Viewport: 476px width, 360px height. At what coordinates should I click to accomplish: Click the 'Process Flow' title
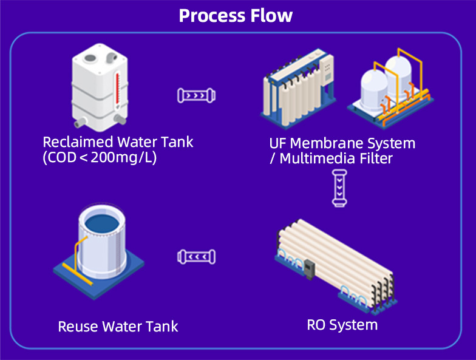pyautogui.click(x=236, y=16)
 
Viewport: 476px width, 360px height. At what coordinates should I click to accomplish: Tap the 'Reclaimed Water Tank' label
pyautogui.click(x=118, y=142)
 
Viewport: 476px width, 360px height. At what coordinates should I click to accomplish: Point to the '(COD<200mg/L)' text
pyautogui.click(x=100, y=157)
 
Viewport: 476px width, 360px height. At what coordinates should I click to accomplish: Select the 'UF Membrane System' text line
pyautogui.click(x=342, y=143)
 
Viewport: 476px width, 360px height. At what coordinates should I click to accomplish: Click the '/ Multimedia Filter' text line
pyautogui.click(x=331, y=158)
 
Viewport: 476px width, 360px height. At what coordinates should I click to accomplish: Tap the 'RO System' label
pyautogui.click(x=342, y=325)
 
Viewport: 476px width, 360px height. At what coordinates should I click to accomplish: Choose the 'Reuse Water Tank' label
pyautogui.click(x=118, y=327)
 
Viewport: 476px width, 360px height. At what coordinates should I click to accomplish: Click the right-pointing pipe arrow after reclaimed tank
pyautogui.click(x=197, y=95)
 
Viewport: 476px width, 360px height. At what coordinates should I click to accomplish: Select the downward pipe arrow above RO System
pyautogui.click(x=339, y=188)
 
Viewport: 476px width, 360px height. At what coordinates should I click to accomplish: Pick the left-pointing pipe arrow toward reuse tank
pyautogui.click(x=197, y=257)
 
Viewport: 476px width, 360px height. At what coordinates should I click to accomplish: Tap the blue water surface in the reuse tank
pyautogui.click(x=102, y=224)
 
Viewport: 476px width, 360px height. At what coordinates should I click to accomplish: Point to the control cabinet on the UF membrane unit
pyautogui.click(x=327, y=70)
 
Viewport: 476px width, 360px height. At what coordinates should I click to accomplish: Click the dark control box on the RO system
pyautogui.click(x=310, y=268)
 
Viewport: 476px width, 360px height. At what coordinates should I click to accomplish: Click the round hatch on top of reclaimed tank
pyautogui.click(x=90, y=58)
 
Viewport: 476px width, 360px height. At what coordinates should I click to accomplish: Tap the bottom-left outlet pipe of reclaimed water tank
pyautogui.click(x=80, y=123)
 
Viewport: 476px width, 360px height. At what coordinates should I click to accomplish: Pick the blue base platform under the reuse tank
pyautogui.click(x=98, y=272)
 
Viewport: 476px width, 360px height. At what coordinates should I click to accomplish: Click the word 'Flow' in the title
pyautogui.click(x=271, y=16)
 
